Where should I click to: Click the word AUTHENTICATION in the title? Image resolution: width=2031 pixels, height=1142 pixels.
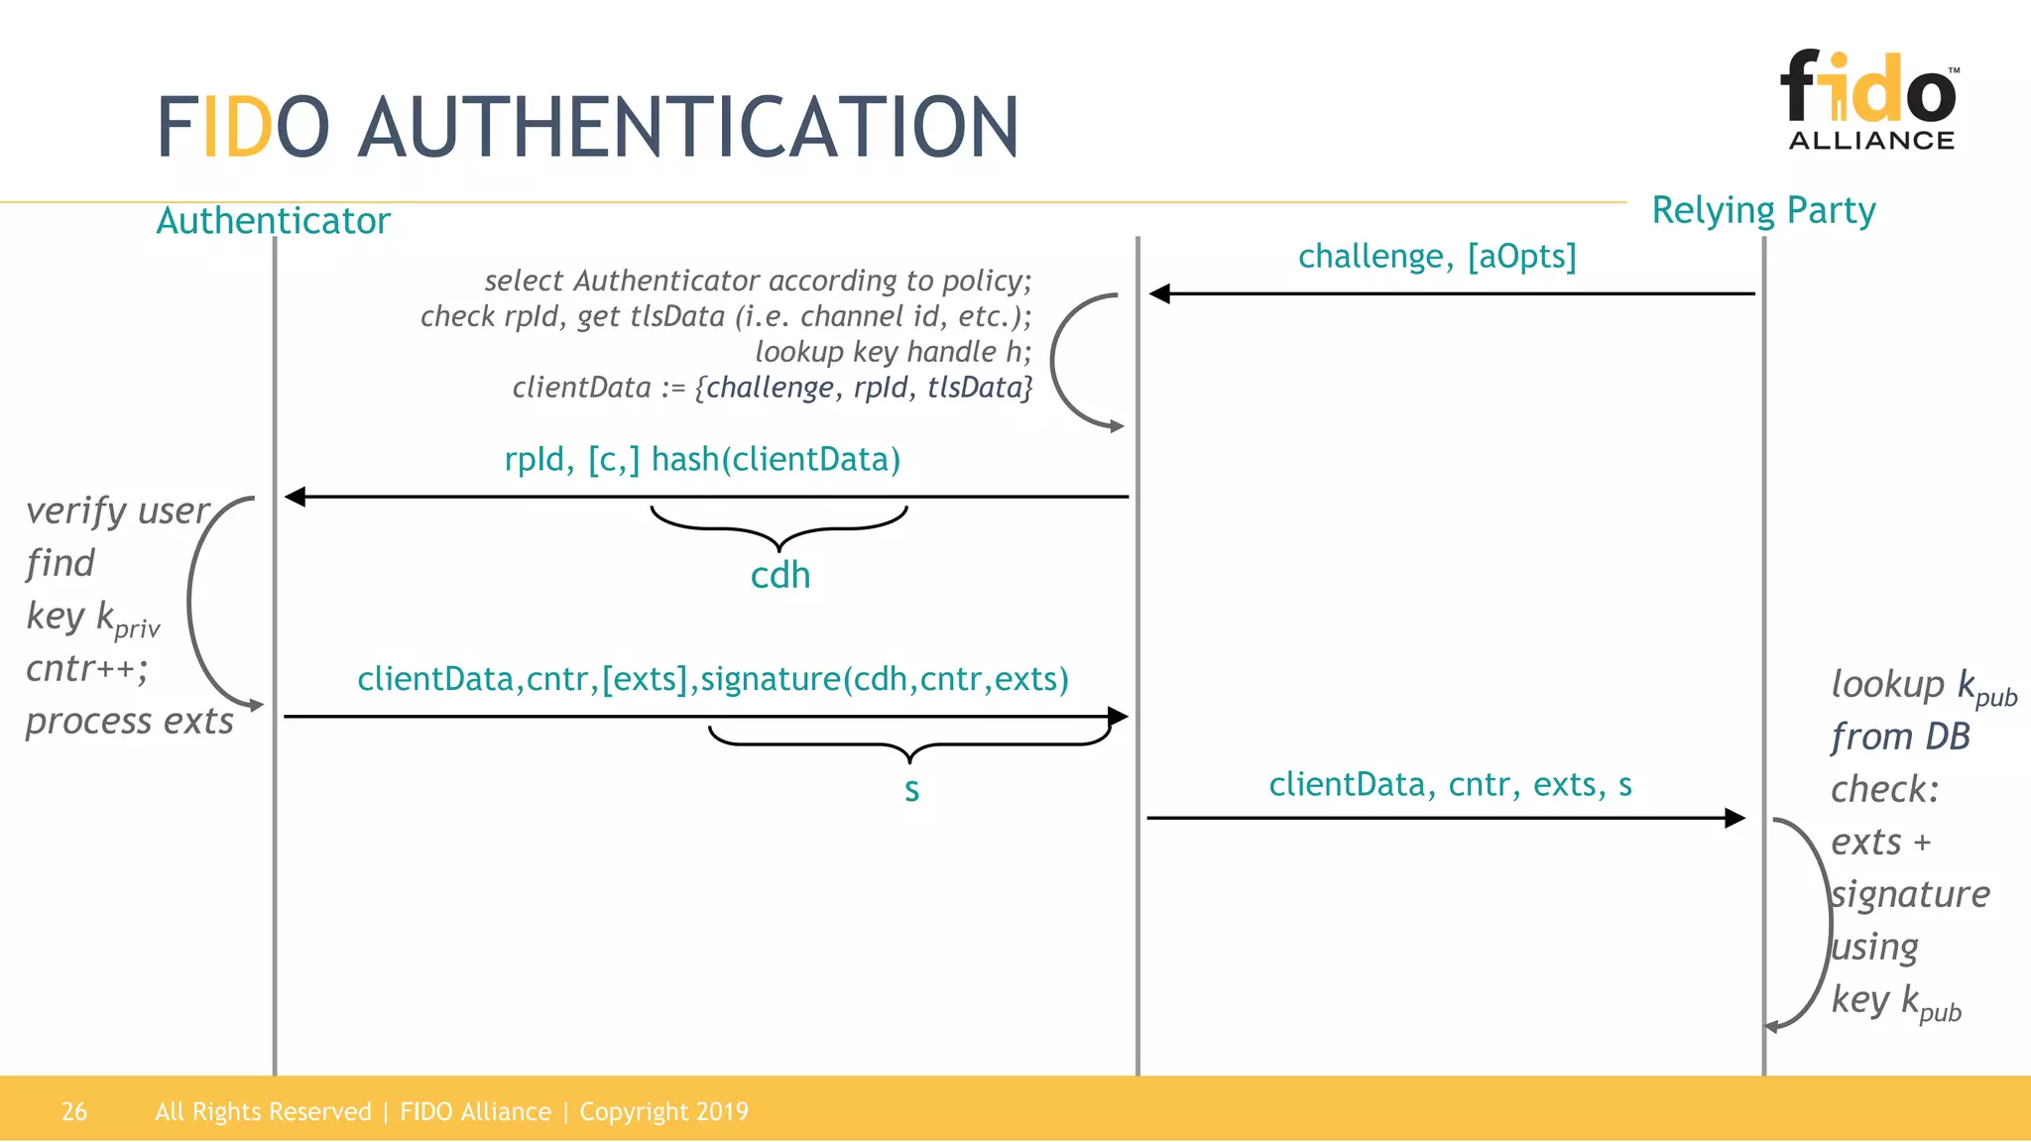click(688, 127)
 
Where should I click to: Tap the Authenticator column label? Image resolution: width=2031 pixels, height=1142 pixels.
click(273, 220)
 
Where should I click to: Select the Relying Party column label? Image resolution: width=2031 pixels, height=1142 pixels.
click(1763, 210)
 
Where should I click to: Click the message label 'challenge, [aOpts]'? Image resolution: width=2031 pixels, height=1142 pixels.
click(1436, 256)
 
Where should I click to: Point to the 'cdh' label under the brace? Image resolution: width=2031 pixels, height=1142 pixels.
click(780, 575)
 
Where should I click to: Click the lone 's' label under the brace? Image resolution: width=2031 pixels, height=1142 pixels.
click(911, 790)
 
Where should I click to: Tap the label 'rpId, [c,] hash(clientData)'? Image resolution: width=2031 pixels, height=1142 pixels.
click(702, 459)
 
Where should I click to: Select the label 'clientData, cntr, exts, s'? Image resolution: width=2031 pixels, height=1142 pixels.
click(1450, 784)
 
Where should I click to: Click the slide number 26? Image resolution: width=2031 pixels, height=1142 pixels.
click(74, 1111)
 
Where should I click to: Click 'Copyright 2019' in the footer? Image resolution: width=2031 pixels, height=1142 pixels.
click(663, 1111)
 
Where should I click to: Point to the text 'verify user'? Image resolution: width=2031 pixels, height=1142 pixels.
click(117, 511)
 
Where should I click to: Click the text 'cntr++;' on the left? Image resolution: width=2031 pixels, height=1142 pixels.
click(86, 668)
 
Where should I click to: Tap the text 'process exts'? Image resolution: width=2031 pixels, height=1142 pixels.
click(129, 721)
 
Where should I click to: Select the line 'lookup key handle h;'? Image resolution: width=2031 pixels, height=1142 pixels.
click(893, 352)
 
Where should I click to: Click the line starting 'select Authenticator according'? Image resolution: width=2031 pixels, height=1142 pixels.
click(758, 281)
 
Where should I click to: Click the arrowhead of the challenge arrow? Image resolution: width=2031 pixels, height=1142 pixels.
click(1159, 293)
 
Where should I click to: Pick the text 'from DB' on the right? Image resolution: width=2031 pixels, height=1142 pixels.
click(1900, 737)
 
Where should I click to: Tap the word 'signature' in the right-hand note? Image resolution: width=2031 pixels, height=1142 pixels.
click(1910, 894)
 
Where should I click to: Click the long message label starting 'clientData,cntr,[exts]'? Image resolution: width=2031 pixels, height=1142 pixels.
click(713, 679)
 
